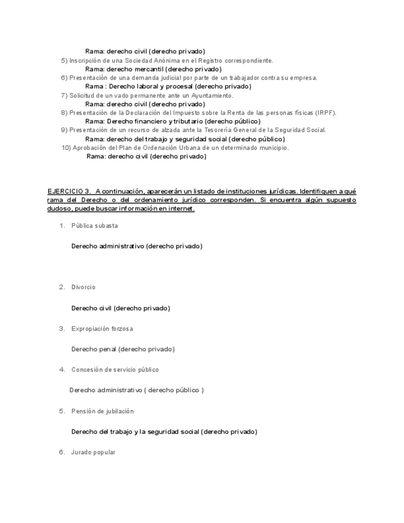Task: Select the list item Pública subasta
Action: coord(94,226)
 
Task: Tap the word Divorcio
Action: coord(83,287)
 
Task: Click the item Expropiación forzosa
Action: coord(102,329)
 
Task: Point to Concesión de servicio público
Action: coord(115,370)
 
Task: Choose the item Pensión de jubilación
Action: coord(102,411)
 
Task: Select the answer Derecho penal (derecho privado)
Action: coord(123,349)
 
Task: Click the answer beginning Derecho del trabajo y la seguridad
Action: coord(164,432)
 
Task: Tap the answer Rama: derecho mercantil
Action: coord(152,69)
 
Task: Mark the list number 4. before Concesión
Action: coord(62,370)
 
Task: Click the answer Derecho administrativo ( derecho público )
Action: coord(136,390)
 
